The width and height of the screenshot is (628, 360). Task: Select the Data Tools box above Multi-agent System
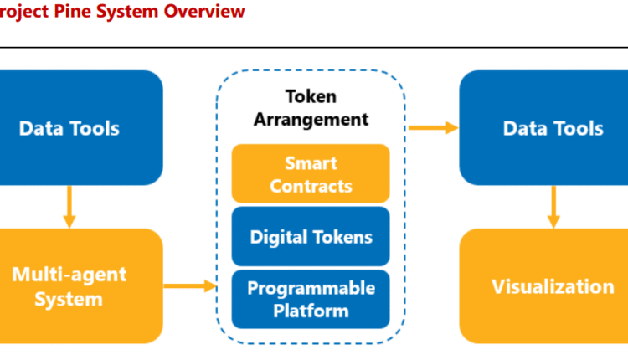pyautogui.click(x=69, y=127)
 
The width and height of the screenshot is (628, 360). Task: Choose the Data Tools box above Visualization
pyautogui.click(x=553, y=127)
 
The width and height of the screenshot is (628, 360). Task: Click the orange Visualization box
pyautogui.click(x=553, y=286)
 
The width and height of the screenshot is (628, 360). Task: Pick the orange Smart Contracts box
pyautogui.click(x=311, y=173)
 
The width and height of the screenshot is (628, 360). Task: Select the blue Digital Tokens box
pyautogui.click(x=311, y=236)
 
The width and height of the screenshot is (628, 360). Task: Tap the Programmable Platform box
pyautogui.click(x=311, y=299)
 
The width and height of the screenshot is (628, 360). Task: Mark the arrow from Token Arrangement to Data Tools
pyautogui.click(x=433, y=127)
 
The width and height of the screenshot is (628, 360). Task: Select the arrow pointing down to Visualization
pyautogui.click(x=553, y=207)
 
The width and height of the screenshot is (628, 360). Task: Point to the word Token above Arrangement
pyautogui.click(x=311, y=96)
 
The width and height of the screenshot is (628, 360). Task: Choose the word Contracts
pyautogui.click(x=311, y=185)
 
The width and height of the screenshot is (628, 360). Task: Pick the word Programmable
pyautogui.click(x=311, y=288)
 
